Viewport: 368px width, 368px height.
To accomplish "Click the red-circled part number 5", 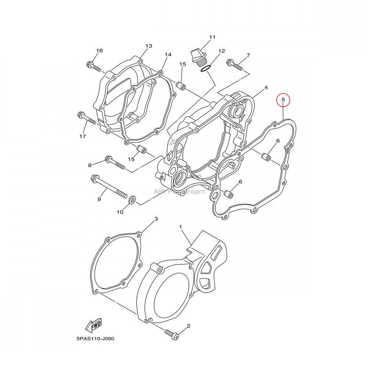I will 283,100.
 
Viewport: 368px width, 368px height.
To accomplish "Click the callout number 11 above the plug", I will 212,37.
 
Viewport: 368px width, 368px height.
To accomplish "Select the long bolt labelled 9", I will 109,187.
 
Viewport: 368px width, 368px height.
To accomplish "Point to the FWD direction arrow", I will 93,325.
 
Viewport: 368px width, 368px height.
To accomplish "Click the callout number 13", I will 149,46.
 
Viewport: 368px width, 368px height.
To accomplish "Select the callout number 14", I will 168,55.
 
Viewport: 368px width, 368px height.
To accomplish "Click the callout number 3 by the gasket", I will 156,219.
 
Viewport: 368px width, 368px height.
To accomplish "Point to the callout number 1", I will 181,227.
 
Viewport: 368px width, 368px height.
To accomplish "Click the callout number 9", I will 99,199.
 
